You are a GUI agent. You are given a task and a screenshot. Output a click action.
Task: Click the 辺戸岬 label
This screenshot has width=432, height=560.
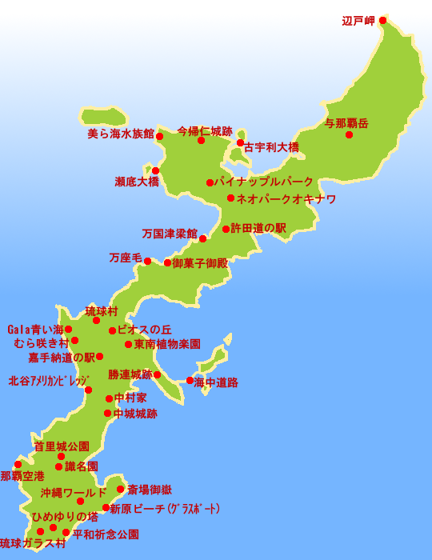(x=358, y=21)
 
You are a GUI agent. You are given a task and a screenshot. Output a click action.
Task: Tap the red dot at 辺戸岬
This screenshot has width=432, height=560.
(x=382, y=20)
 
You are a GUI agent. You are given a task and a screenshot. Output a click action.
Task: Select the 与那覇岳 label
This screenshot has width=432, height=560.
(x=347, y=123)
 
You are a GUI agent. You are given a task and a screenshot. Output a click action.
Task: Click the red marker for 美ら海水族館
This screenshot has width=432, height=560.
(x=159, y=136)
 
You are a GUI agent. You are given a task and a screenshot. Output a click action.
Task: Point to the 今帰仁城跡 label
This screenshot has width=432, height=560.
(x=205, y=130)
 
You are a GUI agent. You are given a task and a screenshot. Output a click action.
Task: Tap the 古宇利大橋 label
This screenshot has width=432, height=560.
(x=271, y=147)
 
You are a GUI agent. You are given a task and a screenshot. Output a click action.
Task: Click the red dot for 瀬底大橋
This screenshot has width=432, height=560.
(x=155, y=170)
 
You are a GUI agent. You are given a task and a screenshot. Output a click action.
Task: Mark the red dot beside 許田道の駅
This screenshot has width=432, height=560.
(x=226, y=229)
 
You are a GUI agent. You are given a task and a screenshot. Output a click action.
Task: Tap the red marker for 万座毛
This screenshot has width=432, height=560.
(x=147, y=261)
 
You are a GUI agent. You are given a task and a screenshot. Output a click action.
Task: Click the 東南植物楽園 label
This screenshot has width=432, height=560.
(x=167, y=344)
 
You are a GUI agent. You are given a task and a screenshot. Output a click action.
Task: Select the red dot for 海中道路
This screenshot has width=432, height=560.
(x=190, y=380)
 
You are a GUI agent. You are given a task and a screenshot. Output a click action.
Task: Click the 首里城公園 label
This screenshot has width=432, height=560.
(x=62, y=446)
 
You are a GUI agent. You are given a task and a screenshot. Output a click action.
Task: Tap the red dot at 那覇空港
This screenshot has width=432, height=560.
(x=18, y=464)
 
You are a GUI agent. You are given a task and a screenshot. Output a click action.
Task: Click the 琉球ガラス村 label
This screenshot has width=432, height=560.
(x=33, y=543)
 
